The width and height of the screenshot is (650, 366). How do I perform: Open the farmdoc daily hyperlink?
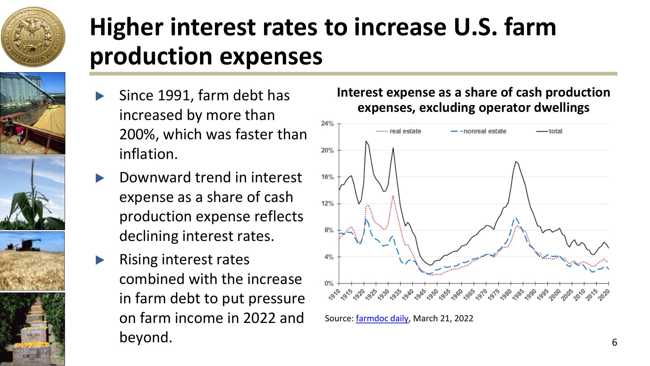pyautogui.click(x=382, y=319)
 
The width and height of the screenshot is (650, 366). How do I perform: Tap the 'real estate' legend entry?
pyautogui.click(x=405, y=131)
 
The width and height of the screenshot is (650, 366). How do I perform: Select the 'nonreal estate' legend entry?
pyautogui.click(x=484, y=131)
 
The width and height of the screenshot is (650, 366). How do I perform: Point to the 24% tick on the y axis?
pyautogui.click(x=327, y=124)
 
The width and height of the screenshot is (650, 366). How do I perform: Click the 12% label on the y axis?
pyautogui.click(x=327, y=204)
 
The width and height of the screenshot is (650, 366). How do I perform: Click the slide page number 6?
pyautogui.click(x=614, y=343)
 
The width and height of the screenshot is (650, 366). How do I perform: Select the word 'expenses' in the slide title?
pyautogui.click(x=271, y=56)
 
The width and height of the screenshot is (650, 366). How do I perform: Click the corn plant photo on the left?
pyautogui.click(x=32, y=193)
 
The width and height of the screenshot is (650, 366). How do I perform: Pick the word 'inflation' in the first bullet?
pyautogui.click(x=148, y=155)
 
